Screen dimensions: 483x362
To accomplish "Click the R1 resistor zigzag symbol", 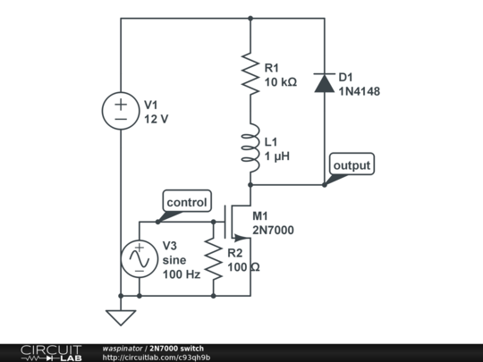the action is (x=250, y=74).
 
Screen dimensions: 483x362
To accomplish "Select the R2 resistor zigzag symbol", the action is (x=213, y=258).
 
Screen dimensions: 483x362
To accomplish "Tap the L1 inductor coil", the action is (x=250, y=147).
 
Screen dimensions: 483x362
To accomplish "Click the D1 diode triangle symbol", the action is (x=325, y=83).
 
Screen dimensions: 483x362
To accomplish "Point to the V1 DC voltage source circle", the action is (x=121, y=111).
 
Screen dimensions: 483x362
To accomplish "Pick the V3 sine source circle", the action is (x=140, y=258).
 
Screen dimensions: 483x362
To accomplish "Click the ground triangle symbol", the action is (x=121, y=317).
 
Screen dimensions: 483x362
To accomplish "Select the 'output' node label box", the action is (x=352, y=164).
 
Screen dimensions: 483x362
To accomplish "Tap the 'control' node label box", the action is (x=187, y=201).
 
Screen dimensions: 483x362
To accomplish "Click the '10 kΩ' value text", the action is (x=281, y=82).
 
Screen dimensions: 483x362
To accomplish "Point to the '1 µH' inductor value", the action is (x=277, y=156).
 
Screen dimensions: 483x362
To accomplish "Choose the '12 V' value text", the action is (x=157, y=119).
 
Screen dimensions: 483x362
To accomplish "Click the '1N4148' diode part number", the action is (x=360, y=91).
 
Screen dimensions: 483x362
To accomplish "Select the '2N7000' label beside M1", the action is (x=273, y=230).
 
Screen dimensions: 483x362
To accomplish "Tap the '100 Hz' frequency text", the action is (x=182, y=274).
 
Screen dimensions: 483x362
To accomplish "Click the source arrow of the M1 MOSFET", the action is (x=241, y=238).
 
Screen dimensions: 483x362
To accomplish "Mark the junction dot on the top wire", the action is (x=250, y=19).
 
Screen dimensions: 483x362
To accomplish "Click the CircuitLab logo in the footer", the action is (x=51, y=353).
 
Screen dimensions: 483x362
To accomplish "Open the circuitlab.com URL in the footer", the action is (x=157, y=358).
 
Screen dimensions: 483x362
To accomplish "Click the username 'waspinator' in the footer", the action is (x=123, y=349).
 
